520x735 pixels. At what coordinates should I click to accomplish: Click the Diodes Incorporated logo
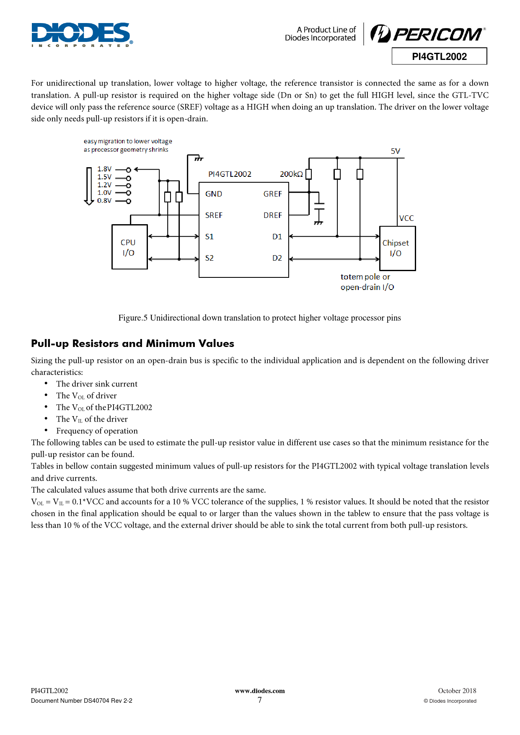click(82, 34)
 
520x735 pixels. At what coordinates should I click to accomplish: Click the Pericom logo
click(428, 34)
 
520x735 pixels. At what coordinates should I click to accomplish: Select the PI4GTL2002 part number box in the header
click(439, 57)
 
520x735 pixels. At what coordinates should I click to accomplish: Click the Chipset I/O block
click(397, 248)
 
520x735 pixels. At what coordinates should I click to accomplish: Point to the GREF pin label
click(272, 194)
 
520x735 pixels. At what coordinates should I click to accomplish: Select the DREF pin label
click(272, 215)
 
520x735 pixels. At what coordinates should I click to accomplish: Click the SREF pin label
click(214, 215)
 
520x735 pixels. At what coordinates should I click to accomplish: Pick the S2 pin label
click(210, 258)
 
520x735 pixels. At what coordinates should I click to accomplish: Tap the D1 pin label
click(277, 237)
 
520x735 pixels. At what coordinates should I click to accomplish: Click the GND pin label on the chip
click(214, 194)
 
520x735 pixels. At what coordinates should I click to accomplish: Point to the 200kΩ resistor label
click(291, 174)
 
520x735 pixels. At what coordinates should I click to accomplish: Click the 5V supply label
click(395, 151)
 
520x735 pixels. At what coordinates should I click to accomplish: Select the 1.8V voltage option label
click(104, 169)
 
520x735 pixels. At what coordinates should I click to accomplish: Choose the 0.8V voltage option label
click(104, 201)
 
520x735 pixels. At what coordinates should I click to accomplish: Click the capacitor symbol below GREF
click(319, 206)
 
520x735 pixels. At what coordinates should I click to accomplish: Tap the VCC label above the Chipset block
click(406, 218)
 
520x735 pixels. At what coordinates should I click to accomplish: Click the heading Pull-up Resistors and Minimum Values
click(132, 344)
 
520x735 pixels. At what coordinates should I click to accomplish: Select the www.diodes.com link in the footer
click(260, 691)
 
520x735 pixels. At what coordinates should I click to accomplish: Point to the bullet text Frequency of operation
click(97, 431)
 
